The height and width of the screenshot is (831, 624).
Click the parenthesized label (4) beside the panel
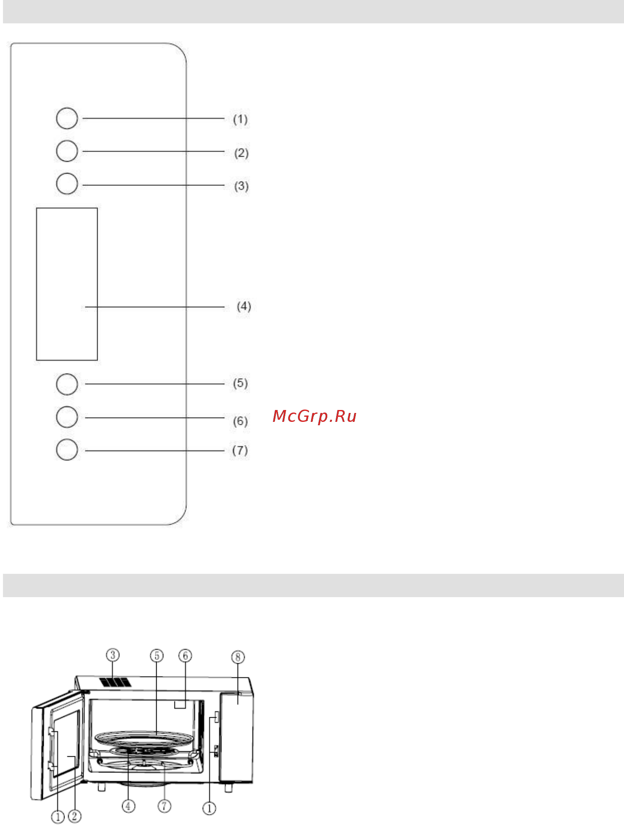(x=244, y=306)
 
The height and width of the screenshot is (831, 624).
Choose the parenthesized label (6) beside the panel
(x=240, y=421)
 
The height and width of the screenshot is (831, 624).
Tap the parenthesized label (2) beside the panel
(x=241, y=153)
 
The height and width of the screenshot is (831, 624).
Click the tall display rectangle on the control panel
(x=67, y=284)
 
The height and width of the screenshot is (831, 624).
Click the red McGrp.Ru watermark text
(x=314, y=416)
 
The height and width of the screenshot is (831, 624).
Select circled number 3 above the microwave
(x=112, y=655)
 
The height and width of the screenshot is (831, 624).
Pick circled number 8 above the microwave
(x=238, y=657)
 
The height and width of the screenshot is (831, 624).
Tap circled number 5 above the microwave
(x=157, y=656)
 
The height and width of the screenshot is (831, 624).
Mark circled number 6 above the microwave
(x=185, y=656)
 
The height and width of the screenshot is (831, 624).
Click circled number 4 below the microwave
(x=128, y=806)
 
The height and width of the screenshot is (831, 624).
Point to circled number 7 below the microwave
(x=164, y=806)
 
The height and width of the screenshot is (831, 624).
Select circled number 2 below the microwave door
(x=74, y=816)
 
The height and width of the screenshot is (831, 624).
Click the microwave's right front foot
(x=229, y=788)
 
